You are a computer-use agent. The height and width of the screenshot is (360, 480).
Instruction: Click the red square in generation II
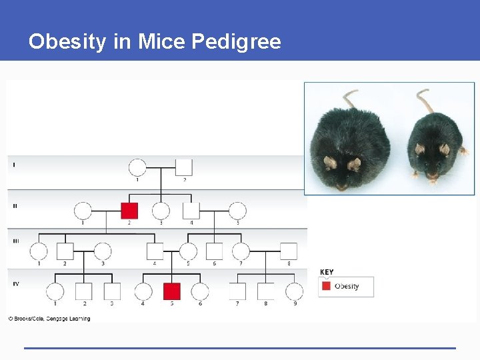pos(129,211)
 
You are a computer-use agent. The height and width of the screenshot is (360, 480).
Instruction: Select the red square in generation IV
pos(172,291)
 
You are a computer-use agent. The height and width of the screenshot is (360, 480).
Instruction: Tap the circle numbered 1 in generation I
pos(137,167)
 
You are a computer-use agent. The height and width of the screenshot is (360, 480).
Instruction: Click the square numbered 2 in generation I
pos(184,167)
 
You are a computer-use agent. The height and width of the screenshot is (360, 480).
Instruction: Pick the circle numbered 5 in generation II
pos(237,211)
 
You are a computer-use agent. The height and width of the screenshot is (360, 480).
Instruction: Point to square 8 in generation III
pos(288,251)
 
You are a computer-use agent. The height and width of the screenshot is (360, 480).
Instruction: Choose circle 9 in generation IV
pos(294,291)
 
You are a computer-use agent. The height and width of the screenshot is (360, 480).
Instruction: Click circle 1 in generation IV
pos(55,291)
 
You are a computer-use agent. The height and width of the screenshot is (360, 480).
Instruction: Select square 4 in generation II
pos(191,211)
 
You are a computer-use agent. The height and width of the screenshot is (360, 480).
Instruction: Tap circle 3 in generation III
pos(103,251)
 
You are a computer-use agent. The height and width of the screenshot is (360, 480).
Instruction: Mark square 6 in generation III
pos(214,251)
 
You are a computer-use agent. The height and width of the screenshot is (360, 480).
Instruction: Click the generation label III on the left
pos(15,241)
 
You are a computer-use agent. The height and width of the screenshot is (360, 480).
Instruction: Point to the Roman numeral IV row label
pos(16,284)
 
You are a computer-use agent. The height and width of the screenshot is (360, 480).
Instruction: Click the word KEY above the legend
pos(327,272)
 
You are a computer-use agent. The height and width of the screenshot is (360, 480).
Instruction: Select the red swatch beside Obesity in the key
pos(326,286)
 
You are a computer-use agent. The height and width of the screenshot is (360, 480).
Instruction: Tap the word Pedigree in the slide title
pos(236,42)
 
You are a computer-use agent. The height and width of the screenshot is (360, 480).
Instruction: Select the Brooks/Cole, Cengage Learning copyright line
pos(49,319)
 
